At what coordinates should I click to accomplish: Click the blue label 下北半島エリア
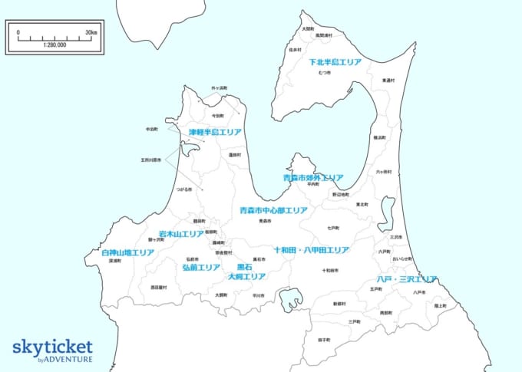(335, 61)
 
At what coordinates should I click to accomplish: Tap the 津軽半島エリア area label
(215, 132)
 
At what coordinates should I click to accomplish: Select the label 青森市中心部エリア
(273, 210)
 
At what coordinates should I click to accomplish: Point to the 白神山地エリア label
(127, 252)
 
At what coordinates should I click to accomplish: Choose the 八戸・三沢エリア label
(407, 279)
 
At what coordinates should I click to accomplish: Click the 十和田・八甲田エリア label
(311, 250)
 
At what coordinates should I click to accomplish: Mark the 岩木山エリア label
(181, 234)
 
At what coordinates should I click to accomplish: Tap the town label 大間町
(308, 28)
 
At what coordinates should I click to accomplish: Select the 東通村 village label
(388, 80)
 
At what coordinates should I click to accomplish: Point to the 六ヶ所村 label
(383, 172)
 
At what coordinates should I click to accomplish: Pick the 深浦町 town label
(116, 261)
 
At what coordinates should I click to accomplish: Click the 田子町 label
(325, 339)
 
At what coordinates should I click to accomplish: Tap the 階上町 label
(440, 305)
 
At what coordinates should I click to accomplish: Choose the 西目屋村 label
(158, 288)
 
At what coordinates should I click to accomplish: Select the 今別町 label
(218, 115)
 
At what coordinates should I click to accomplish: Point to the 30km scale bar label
(91, 32)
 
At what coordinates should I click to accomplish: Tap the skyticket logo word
(52, 346)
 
